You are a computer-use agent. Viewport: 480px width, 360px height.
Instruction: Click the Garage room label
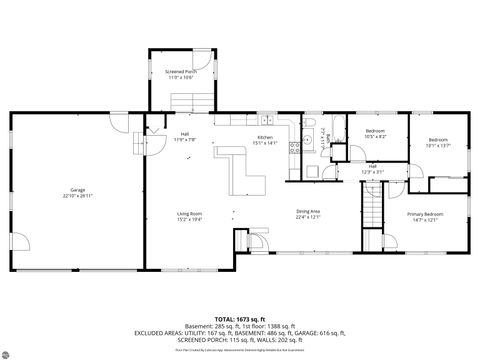(77, 190)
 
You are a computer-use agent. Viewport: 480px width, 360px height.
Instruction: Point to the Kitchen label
(265, 137)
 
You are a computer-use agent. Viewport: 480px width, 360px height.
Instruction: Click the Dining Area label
(308, 211)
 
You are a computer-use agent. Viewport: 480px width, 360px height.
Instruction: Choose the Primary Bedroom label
(425, 214)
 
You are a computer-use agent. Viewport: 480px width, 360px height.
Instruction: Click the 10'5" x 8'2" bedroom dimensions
(375, 137)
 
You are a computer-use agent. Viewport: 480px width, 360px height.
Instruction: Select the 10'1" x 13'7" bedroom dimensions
(438, 145)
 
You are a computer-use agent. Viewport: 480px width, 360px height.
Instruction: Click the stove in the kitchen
(295, 152)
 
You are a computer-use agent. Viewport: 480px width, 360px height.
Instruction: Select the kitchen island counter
(240, 170)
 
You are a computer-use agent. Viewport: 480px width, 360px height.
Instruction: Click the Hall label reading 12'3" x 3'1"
(372, 169)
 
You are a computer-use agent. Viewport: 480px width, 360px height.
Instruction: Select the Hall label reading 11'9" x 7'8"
(185, 137)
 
